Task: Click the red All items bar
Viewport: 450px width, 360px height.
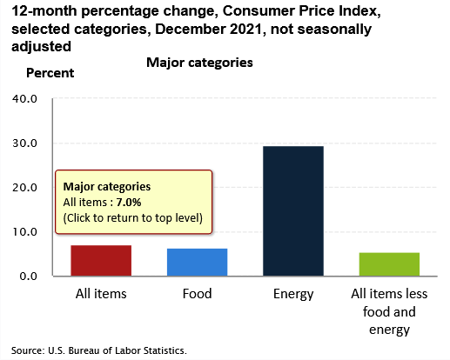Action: click(x=101, y=260)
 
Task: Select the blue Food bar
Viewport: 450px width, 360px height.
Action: click(x=197, y=262)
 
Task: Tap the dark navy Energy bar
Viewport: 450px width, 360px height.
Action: click(x=293, y=210)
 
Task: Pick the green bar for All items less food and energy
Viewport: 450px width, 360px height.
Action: click(x=389, y=264)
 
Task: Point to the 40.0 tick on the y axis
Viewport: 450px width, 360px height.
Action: click(x=24, y=99)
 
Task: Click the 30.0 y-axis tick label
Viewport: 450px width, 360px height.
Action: click(x=24, y=143)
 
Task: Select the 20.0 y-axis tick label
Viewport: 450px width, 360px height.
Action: click(x=24, y=188)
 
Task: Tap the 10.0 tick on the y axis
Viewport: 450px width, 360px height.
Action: click(x=24, y=232)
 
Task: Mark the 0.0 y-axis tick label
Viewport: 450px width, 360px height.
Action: click(x=28, y=277)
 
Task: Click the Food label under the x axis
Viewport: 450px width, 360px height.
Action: click(x=197, y=294)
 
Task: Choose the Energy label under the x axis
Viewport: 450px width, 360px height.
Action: click(x=293, y=295)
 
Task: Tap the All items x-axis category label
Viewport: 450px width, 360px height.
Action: click(x=101, y=294)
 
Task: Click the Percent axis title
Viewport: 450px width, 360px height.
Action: click(x=50, y=73)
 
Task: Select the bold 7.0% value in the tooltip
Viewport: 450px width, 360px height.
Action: click(x=129, y=202)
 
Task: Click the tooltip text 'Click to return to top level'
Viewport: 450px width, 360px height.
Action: click(x=133, y=218)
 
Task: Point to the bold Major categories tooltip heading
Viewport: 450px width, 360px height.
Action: click(x=107, y=187)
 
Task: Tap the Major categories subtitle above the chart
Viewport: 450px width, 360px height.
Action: click(x=199, y=63)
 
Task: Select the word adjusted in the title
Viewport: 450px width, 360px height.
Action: click(x=41, y=47)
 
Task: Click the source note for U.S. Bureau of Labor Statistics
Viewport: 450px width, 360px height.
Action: click(x=99, y=350)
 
